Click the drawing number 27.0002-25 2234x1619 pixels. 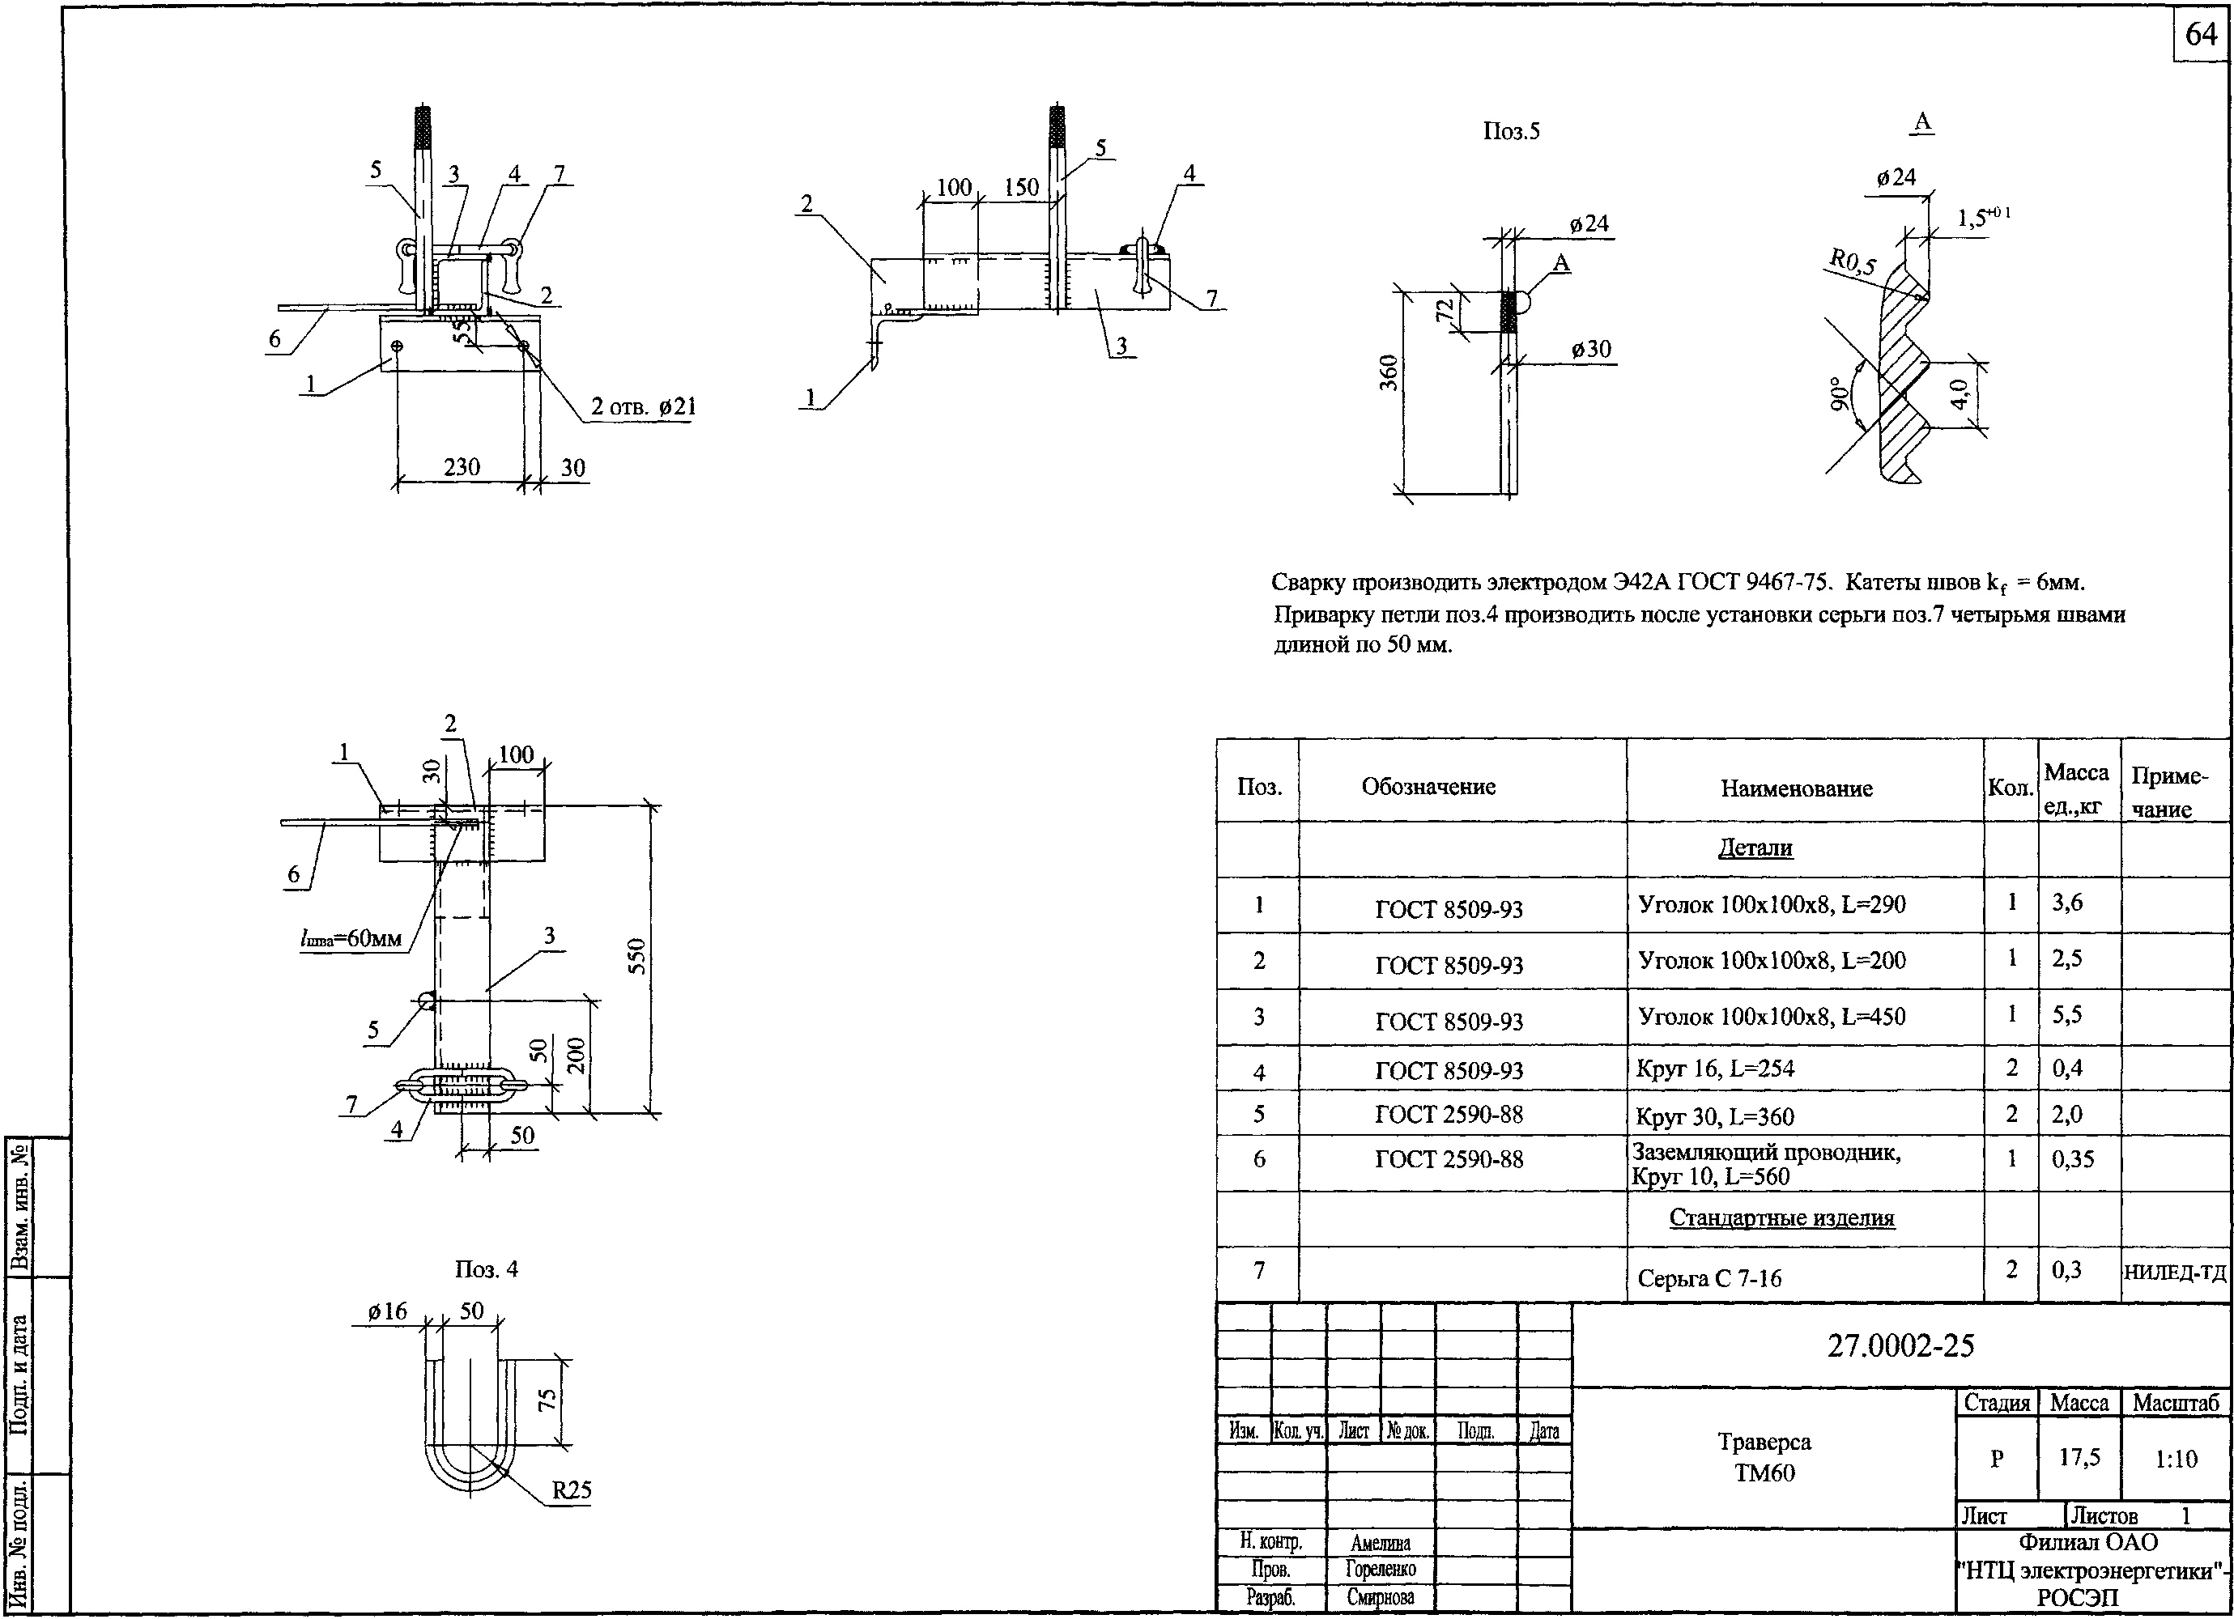click(x=1900, y=1345)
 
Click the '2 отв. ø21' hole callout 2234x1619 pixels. click(x=642, y=406)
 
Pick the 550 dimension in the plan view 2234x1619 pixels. click(x=636, y=956)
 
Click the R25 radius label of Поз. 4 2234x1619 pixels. click(x=572, y=1490)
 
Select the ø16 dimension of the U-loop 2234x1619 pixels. click(x=387, y=1311)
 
